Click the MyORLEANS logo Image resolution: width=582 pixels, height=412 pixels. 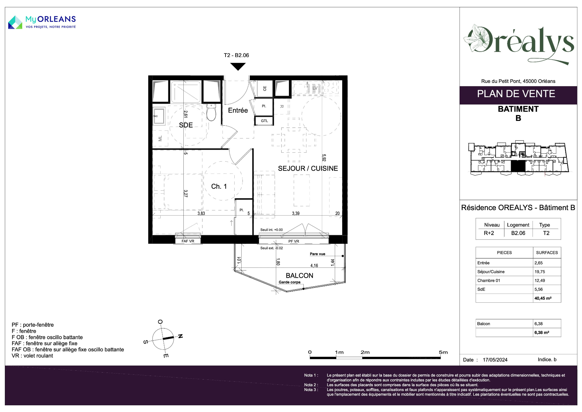tap(42, 22)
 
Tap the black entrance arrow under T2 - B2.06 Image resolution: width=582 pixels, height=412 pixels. tap(238, 66)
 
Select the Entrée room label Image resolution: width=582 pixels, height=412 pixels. tap(238, 111)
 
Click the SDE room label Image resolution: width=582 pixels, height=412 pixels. tap(186, 125)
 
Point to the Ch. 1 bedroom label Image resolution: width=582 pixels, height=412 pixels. tap(219, 186)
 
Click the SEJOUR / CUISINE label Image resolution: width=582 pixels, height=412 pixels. tap(308, 169)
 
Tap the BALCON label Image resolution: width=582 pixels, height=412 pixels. tap(299, 276)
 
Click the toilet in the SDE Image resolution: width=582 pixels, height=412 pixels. tap(211, 112)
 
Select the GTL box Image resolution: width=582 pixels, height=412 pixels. tap(264, 121)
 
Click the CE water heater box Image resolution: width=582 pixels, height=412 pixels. tap(264, 89)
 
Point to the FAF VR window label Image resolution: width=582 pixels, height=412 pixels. tap(188, 241)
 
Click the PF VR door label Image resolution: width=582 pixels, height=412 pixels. tap(294, 241)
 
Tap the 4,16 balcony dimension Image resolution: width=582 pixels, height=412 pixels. tap(314, 266)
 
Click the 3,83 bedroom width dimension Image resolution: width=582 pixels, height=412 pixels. tap(201, 213)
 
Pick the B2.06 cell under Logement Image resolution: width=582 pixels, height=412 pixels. tap(518, 233)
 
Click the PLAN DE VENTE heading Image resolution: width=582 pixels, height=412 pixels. tap(516, 94)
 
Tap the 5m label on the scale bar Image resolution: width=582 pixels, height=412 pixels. tap(443, 352)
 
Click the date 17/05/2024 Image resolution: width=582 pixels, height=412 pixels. tap(495, 360)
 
